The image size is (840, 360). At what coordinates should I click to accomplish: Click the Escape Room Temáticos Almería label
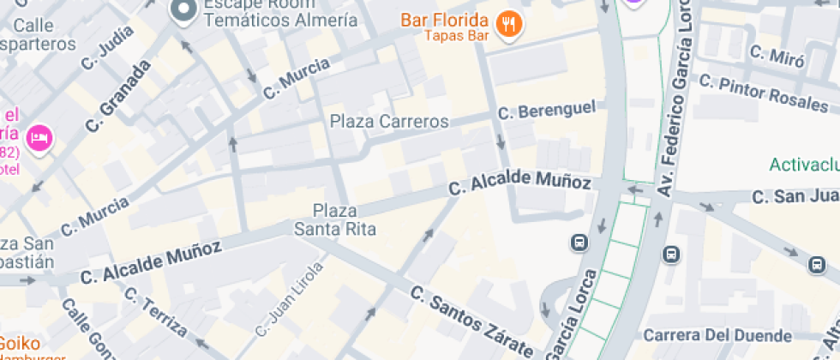pyautogui.click(x=280, y=11)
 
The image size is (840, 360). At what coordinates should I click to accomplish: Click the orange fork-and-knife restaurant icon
pyautogui.click(x=509, y=25)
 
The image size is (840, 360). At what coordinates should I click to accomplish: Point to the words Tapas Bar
pyautogui.click(x=456, y=36)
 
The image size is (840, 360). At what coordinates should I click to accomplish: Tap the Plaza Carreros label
pyautogui.click(x=389, y=122)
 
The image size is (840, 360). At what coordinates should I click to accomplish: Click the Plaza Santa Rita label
pyautogui.click(x=334, y=219)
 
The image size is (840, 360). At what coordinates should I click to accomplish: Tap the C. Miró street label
pyautogui.click(x=777, y=57)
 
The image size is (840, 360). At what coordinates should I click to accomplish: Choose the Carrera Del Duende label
pyautogui.click(x=717, y=334)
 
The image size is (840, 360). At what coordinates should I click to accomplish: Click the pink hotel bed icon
pyautogui.click(x=39, y=138)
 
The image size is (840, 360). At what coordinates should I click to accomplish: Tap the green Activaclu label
pyautogui.click(x=803, y=165)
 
